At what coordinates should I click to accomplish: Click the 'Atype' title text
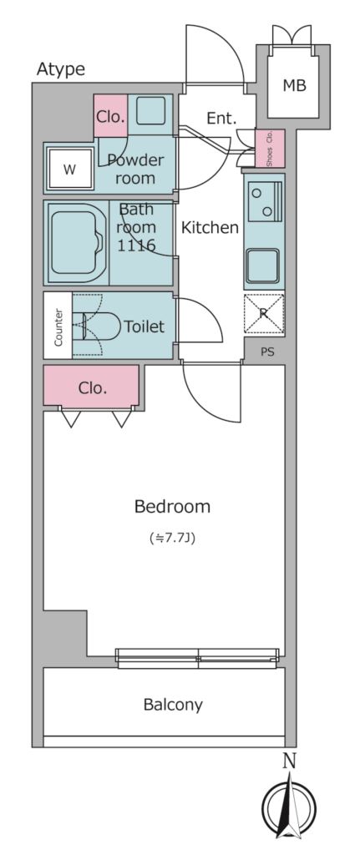click(x=60, y=69)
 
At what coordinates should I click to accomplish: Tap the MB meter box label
click(x=294, y=85)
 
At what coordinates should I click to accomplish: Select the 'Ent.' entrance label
click(x=221, y=119)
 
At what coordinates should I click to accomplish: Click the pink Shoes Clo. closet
click(x=270, y=149)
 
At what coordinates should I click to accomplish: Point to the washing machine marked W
click(x=69, y=169)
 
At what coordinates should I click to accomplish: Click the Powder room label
click(x=136, y=169)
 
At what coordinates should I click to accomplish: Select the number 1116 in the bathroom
click(x=136, y=245)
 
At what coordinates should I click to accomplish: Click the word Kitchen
click(x=210, y=227)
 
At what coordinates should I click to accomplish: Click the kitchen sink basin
click(x=263, y=265)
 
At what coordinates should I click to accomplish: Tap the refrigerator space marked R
click(x=263, y=313)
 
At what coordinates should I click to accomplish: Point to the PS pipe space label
click(x=267, y=352)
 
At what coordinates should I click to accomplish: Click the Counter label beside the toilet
click(x=58, y=326)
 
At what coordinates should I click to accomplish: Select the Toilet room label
click(x=144, y=326)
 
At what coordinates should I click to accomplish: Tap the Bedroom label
click(x=172, y=507)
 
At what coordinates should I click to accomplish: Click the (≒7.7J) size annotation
click(x=172, y=539)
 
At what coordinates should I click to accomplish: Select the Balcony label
click(x=173, y=705)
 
